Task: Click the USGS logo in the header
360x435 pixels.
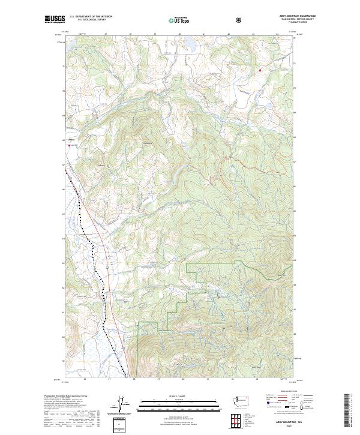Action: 53,20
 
